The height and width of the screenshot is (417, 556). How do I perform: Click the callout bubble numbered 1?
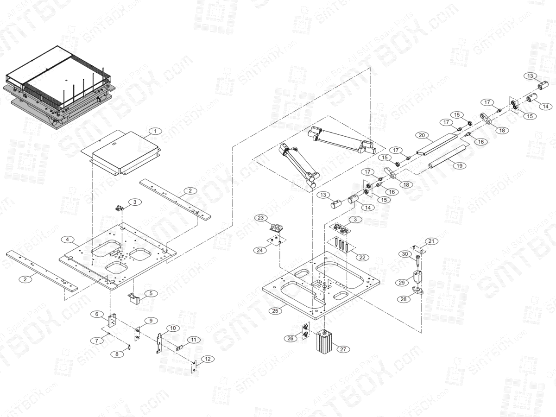click(x=155, y=131)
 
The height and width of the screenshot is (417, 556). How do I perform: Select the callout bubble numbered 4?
click(x=68, y=240)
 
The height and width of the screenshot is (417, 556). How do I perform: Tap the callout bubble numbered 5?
click(x=151, y=293)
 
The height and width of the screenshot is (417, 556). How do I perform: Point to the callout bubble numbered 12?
click(x=208, y=359)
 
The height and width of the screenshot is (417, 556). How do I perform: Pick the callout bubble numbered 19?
click(x=459, y=165)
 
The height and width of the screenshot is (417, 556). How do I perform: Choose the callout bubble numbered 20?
click(x=421, y=135)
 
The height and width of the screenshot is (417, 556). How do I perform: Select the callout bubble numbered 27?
click(x=342, y=349)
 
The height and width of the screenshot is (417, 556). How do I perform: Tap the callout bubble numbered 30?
click(x=404, y=254)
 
